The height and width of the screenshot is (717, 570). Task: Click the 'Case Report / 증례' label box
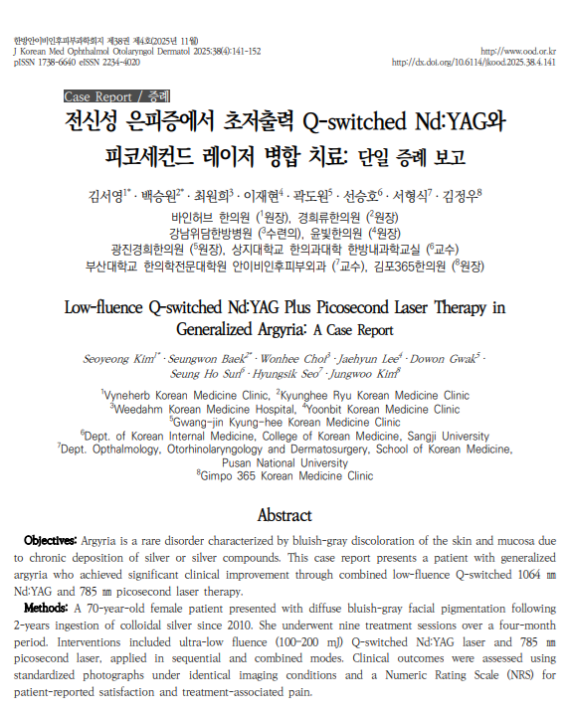coord(115,96)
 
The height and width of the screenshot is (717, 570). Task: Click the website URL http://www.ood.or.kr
coord(517,50)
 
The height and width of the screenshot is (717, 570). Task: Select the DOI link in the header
coord(474,62)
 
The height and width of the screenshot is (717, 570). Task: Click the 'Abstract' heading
coord(285,515)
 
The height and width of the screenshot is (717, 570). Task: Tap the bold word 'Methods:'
coord(46,607)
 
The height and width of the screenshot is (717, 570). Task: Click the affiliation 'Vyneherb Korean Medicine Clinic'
coord(187,395)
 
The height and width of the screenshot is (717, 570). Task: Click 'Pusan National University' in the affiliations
coord(285,462)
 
